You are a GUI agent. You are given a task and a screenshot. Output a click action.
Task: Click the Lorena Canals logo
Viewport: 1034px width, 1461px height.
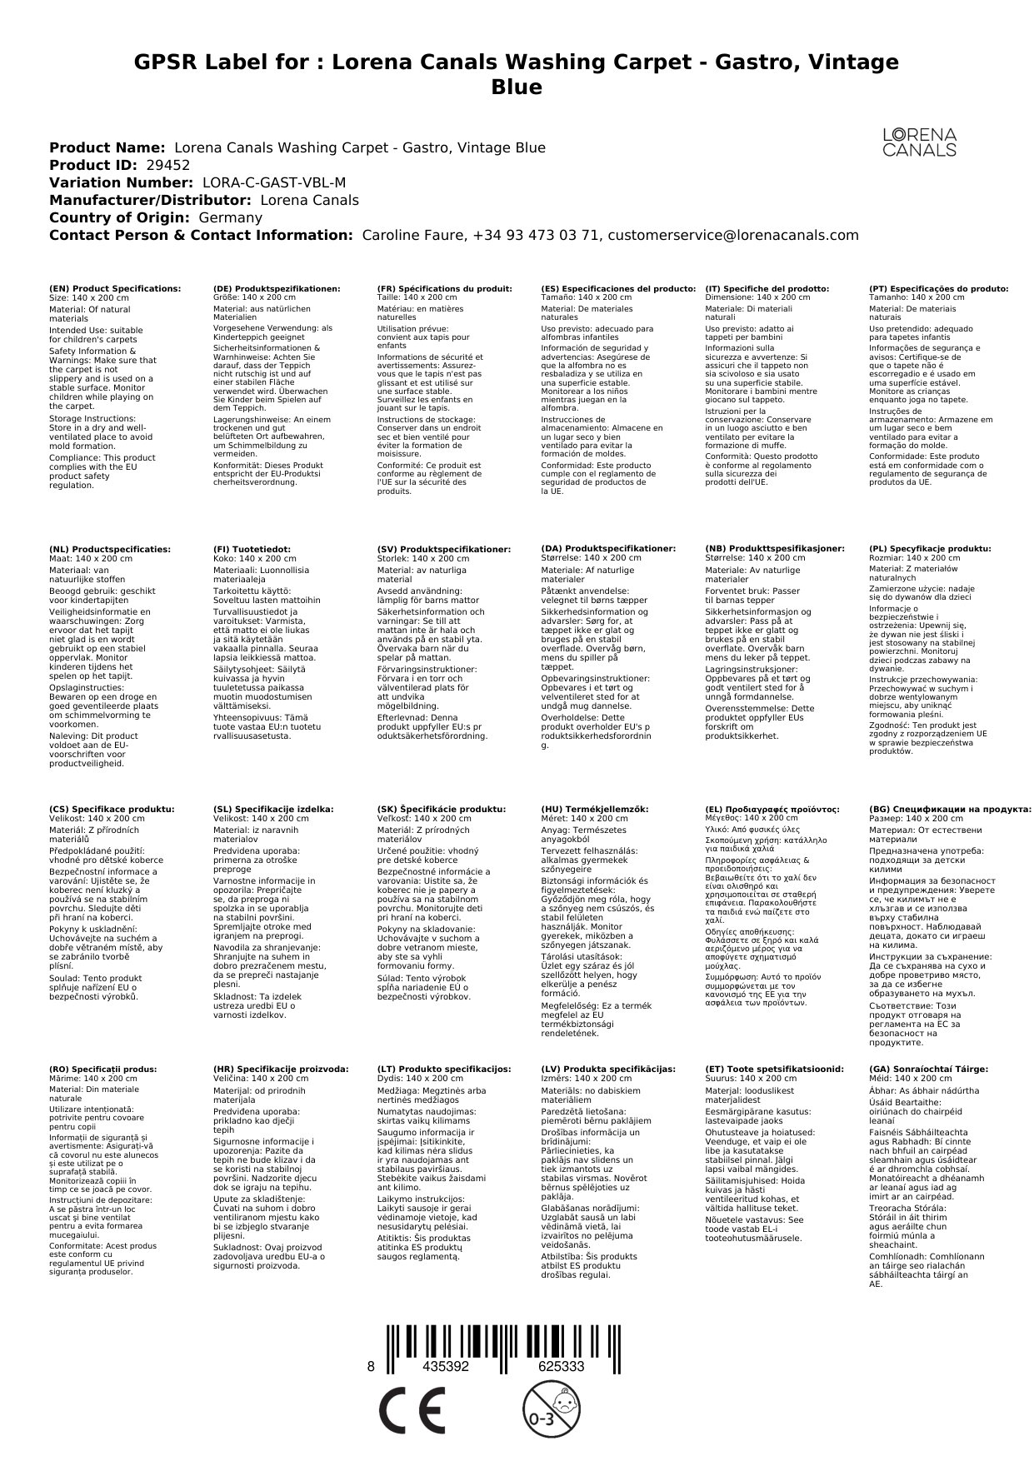(919, 142)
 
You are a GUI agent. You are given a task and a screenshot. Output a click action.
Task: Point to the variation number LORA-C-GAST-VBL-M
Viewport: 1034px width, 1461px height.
(274, 183)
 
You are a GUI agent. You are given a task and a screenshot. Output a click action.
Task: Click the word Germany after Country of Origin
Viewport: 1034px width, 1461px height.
(230, 218)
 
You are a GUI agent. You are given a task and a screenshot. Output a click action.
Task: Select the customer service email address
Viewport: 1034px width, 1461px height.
(732, 236)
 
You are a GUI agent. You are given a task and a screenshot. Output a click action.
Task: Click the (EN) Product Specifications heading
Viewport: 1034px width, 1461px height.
(115, 289)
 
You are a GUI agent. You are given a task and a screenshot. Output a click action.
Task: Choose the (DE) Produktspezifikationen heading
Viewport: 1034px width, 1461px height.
(277, 289)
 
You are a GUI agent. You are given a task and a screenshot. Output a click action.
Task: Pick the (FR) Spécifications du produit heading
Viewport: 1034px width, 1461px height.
(444, 289)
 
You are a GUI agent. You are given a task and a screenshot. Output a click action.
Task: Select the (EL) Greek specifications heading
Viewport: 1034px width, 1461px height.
(772, 810)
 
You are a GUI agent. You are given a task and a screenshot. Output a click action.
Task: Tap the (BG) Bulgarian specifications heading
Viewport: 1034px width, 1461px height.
(950, 810)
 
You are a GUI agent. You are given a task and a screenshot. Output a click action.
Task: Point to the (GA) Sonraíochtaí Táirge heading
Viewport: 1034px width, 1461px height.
(928, 1070)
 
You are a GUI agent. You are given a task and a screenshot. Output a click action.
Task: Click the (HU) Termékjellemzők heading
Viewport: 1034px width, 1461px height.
(594, 810)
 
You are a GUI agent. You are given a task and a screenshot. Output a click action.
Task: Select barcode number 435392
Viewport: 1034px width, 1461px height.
(446, 1367)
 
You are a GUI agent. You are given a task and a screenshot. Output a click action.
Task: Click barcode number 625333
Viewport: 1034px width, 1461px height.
(561, 1367)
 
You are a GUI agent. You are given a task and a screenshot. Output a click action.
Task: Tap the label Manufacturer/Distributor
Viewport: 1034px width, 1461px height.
(150, 201)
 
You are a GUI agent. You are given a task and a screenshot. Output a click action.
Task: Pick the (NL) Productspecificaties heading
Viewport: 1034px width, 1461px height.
(110, 550)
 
